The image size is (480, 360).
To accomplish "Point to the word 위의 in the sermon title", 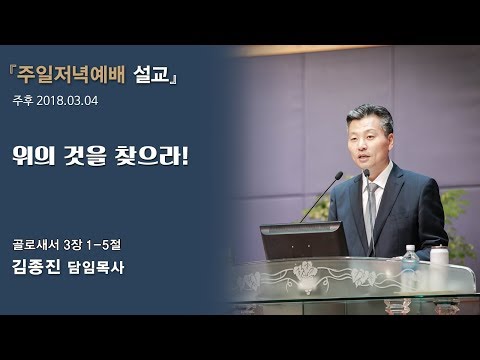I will click(x=38, y=158).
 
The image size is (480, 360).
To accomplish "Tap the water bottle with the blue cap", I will click(x=409, y=258).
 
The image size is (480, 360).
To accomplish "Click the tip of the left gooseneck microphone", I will click(x=340, y=175).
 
